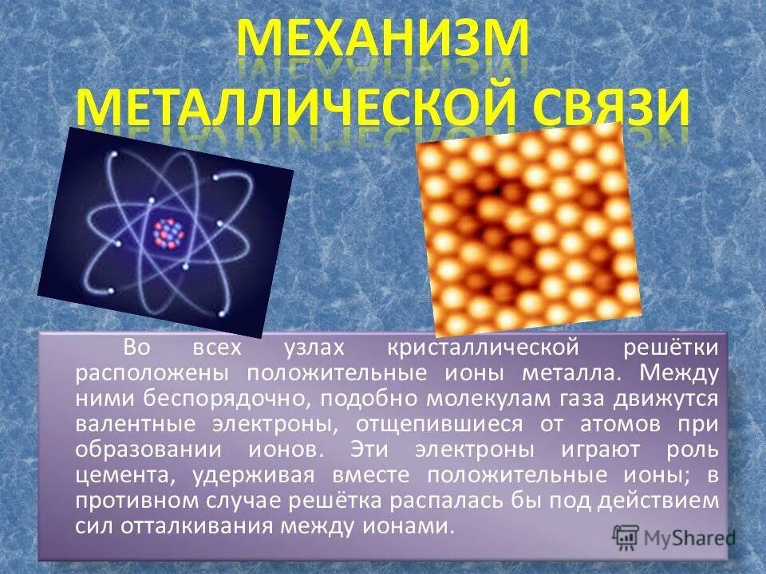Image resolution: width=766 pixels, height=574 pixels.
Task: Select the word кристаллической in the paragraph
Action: [482, 348]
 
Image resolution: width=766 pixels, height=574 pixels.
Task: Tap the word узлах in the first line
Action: [315, 348]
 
